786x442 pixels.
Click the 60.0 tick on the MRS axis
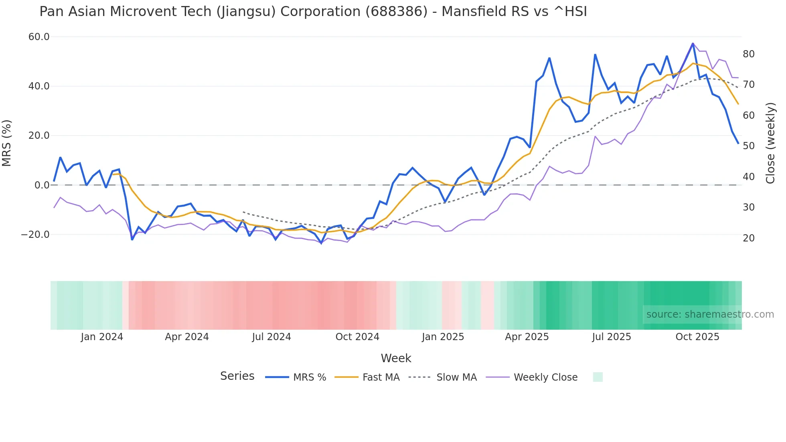click(x=38, y=37)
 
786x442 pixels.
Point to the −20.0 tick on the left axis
click(x=35, y=235)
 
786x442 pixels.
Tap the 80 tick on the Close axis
click(x=748, y=54)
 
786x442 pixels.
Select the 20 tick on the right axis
click(x=748, y=238)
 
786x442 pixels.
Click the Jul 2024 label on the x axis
click(x=271, y=337)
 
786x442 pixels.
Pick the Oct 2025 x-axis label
click(x=697, y=337)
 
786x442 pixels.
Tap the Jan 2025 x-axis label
click(x=443, y=337)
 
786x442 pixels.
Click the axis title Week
click(x=396, y=358)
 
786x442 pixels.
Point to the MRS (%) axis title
click(x=7, y=143)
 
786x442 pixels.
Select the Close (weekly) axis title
click(x=770, y=143)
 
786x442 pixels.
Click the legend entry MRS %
click(x=309, y=377)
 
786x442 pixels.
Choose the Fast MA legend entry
click(x=381, y=377)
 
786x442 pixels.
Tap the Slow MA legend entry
click(x=456, y=377)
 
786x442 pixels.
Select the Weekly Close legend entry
click(x=545, y=377)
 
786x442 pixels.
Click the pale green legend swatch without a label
click(x=598, y=377)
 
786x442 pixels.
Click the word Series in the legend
click(x=237, y=376)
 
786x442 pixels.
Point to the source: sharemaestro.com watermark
click(x=710, y=314)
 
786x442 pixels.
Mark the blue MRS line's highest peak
click(x=693, y=43)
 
